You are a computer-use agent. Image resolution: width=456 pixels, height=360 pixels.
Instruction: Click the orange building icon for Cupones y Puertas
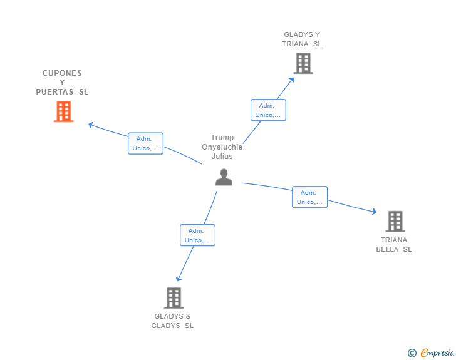click(64, 111)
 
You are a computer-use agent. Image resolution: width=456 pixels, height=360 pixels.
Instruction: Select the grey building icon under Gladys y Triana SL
click(303, 63)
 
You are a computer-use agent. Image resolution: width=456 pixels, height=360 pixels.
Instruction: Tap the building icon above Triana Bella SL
click(395, 221)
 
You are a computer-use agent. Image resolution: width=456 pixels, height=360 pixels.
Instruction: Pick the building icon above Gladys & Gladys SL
click(174, 298)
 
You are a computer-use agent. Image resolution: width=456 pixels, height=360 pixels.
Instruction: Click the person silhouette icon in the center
click(224, 177)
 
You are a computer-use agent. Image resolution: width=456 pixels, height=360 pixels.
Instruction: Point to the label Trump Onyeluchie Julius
click(222, 147)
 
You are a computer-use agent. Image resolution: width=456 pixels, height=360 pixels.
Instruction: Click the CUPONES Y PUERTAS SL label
click(62, 82)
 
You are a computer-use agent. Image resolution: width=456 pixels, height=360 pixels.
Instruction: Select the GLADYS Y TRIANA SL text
click(302, 39)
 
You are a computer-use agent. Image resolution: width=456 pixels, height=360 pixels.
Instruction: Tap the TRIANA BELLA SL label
click(394, 245)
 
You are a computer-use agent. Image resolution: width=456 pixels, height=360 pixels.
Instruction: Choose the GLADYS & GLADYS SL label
click(172, 321)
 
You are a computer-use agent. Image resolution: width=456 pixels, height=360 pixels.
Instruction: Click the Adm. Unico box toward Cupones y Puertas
click(145, 143)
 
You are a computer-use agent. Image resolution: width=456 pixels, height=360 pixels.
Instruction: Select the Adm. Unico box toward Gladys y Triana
click(268, 110)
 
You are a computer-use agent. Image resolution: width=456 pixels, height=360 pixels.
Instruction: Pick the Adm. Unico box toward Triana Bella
click(309, 197)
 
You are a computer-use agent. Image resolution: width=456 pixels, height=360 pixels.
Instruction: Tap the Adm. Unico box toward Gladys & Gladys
click(197, 235)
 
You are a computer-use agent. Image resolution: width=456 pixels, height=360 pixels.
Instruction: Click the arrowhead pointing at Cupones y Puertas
click(91, 125)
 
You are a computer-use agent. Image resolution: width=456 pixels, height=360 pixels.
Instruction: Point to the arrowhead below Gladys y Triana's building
click(291, 80)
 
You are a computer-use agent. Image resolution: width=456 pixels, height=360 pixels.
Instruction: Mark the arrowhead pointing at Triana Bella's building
click(374, 212)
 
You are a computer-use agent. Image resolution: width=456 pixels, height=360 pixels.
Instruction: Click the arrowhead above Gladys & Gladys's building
click(179, 279)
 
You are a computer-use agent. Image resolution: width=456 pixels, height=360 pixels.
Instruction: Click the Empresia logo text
click(437, 352)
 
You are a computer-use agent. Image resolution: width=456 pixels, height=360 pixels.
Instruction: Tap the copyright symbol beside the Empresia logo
click(412, 353)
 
